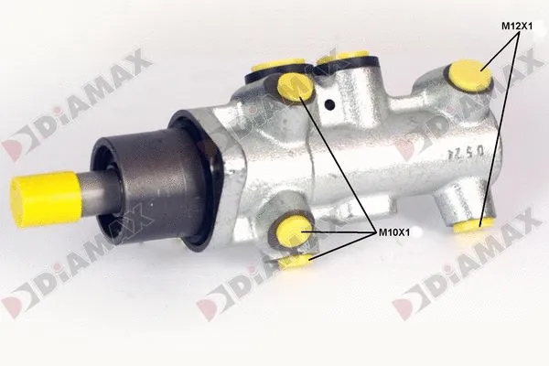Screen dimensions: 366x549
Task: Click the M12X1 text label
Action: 516,27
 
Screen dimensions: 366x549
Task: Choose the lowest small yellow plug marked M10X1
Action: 295,263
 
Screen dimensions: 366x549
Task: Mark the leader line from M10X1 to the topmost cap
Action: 339,165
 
